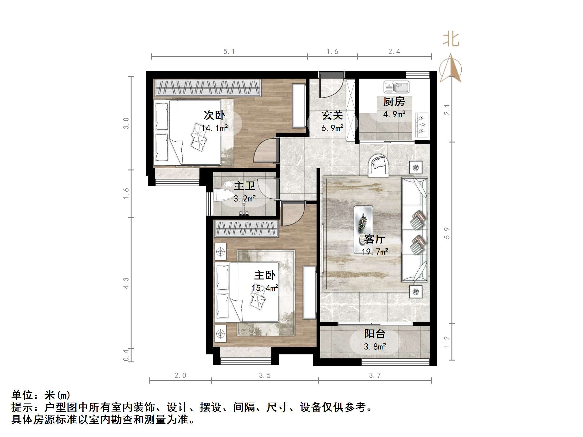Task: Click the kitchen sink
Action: coord(396,87)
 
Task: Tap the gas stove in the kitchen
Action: coord(422,125)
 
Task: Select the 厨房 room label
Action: coord(394,101)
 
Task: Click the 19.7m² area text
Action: coord(375,252)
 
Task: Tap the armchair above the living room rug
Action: coord(379,165)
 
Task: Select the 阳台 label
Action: coord(375,334)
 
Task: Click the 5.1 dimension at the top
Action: coord(229,52)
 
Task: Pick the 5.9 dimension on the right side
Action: coord(447,233)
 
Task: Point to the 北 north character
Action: coord(451,40)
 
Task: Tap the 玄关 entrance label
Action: coord(332,115)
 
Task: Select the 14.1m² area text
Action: coord(215,128)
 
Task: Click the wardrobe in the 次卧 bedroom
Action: coord(208,87)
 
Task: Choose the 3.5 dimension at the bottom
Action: coord(265,376)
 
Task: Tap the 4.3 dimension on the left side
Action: coord(126,283)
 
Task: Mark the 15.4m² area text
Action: coord(265,288)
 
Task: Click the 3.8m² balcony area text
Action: coord(375,347)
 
